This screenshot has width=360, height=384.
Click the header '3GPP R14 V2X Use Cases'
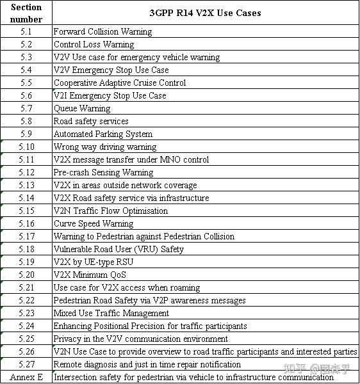click(205, 13)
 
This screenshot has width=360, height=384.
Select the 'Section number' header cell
click(26, 13)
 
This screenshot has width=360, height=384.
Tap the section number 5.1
click(26, 31)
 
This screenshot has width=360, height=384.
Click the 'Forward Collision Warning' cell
click(102, 31)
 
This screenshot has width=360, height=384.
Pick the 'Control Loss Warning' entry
click(94, 44)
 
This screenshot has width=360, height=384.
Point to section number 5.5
click(26, 83)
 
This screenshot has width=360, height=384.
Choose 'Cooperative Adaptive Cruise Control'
click(120, 83)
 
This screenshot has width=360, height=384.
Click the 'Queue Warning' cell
click(82, 108)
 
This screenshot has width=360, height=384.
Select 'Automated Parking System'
click(102, 134)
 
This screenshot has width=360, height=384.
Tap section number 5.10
click(26, 147)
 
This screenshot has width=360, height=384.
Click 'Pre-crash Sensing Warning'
click(103, 172)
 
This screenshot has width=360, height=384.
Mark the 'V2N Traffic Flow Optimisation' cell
click(111, 211)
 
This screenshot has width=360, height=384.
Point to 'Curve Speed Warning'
click(94, 223)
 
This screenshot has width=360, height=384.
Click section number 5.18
click(26, 249)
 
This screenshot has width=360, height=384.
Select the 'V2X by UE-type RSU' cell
click(94, 262)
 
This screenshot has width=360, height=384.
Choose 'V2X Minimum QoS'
click(89, 275)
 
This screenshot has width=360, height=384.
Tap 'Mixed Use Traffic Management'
click(111, 313)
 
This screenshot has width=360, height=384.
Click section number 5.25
click(26, 339)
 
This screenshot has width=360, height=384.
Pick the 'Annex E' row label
click(26, 377)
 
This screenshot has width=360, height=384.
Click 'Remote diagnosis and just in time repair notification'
click(147, 364)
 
